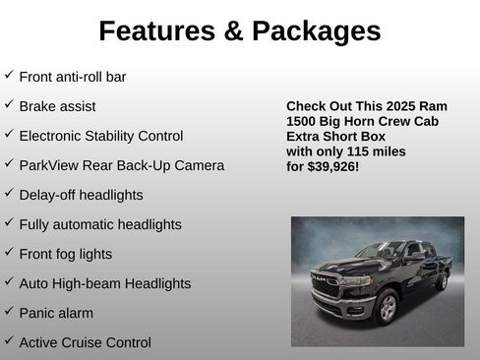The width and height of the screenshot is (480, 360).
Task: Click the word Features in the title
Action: click(156, 30)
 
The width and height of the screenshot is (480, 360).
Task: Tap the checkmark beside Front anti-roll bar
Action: click(9, 75)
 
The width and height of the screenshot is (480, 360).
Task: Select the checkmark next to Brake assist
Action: click(9, 104)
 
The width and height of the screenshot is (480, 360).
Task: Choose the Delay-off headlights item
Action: click(81, 195)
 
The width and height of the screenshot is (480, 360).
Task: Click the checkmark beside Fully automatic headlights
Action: click(9, 222)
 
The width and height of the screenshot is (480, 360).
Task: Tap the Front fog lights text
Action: click(65, 254)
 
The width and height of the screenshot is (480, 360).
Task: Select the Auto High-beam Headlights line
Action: click(104, 283)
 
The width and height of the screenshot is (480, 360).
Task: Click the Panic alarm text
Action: click(56, 313)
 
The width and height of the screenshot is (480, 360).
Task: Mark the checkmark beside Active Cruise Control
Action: click(9, 340)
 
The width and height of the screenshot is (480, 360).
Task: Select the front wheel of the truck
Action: click(388, 308)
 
